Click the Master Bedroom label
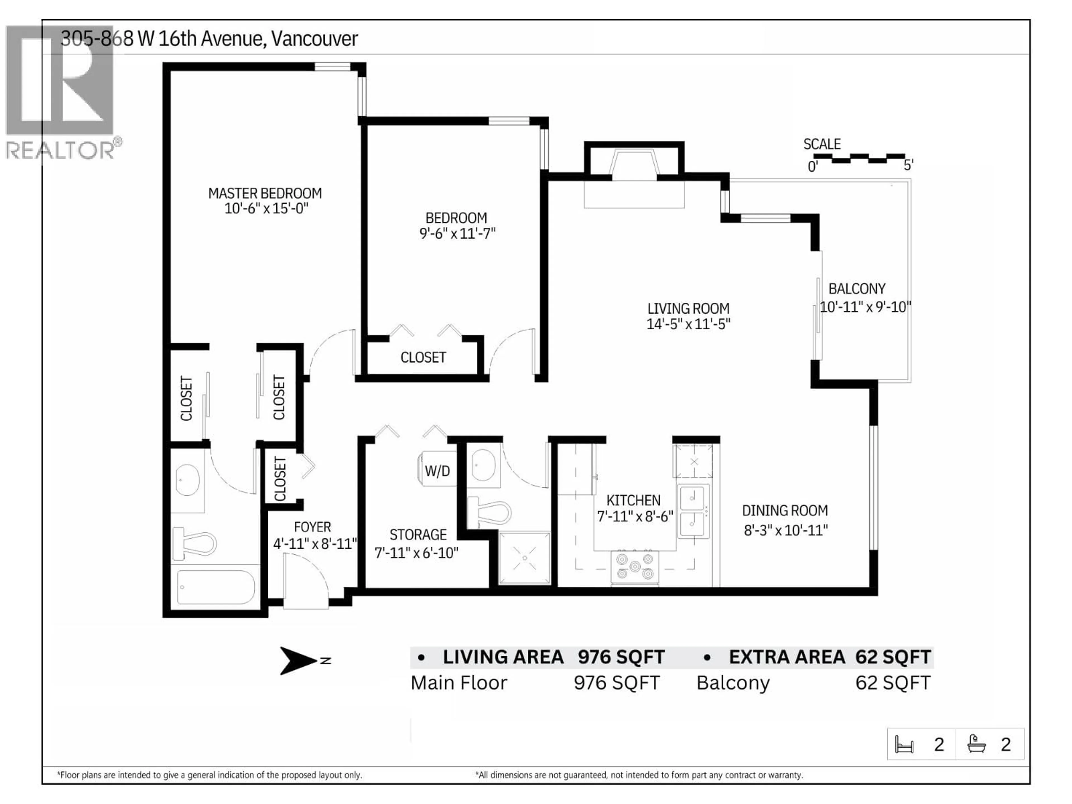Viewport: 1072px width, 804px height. [265, 193]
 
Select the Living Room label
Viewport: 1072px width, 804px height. [688, 309]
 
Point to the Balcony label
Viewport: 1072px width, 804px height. [857, 289]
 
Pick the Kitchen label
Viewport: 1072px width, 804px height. [633, 501]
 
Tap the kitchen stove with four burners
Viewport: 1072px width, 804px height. [635, 566]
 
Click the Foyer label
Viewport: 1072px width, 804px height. [313, 527]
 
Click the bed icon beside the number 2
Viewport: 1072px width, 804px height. [904, 744]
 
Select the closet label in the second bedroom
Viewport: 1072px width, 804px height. [423, 358]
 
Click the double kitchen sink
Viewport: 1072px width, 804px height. [693, 511]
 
